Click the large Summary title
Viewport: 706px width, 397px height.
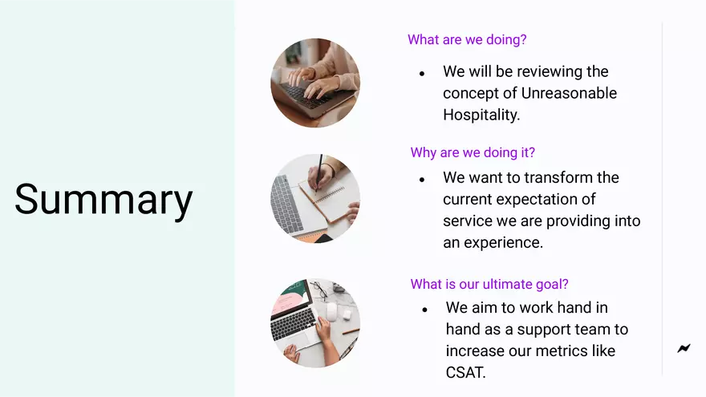point(103,200)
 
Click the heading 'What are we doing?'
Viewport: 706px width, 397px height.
point(467,39)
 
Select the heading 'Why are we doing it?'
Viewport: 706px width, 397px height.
point(473,152)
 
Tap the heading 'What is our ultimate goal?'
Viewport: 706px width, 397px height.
point(489,284)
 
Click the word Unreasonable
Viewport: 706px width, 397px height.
point(569,93)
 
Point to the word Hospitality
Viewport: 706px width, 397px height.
point(481,115)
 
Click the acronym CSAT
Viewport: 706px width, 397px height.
point(465,372)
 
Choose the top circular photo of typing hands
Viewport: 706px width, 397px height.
point(315,83)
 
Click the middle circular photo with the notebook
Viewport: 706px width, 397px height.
point(315,199)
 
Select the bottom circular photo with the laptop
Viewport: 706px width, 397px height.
point(315,323)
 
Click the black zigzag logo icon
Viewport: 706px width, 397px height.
point(684,348)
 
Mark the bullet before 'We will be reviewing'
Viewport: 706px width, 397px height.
point(422,73)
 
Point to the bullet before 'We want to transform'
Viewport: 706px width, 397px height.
point(422,180)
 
